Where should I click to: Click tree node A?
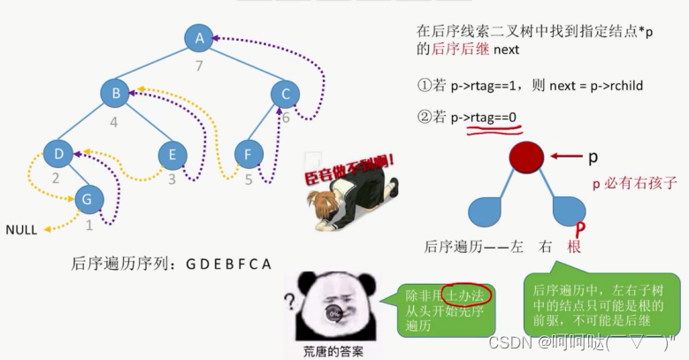[x=200, y=38]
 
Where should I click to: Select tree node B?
[x=114, y=93]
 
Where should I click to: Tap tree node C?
[x=284, y=93]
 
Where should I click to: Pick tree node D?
[x=57, y=154]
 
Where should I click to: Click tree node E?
[x=172, y=154]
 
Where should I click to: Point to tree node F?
[x=249, y=154]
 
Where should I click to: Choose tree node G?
[x=88, y=200]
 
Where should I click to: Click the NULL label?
[x=21, y=230]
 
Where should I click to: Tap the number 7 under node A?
[x=200, y=65]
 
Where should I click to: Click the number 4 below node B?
[x=114, y=122]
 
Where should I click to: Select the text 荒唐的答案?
[x=333, y=350]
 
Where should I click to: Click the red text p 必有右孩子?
[x=635, y=183]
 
